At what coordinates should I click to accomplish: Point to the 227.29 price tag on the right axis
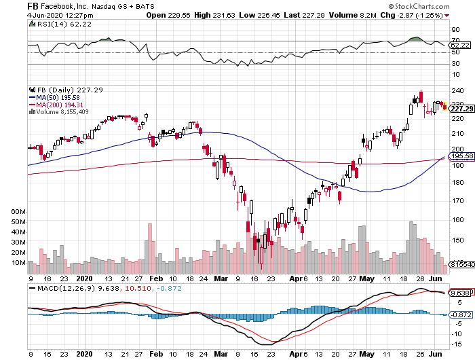tap(461, 108)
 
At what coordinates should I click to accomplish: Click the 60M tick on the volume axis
tap(18, 212)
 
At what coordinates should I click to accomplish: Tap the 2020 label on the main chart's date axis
tap(85, 278)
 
